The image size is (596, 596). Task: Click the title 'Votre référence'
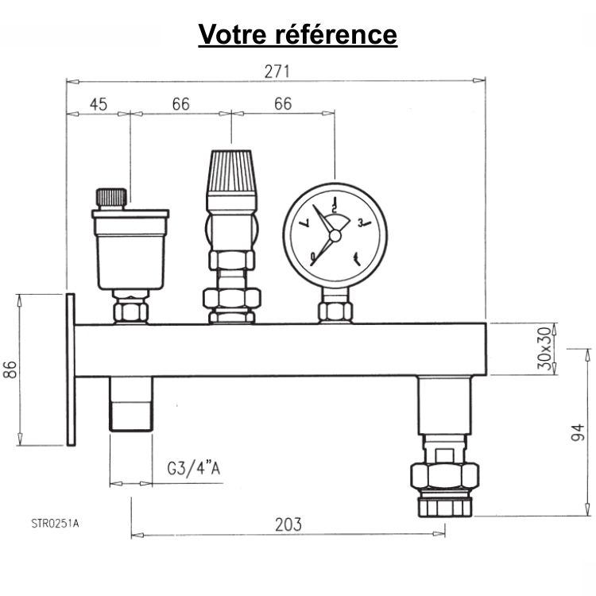pyautogui.click(x=297, y=34)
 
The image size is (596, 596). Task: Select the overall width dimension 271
pyautogui.click(x=276, y=71)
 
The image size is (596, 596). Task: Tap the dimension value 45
pyautogui.click(x=98, y=104)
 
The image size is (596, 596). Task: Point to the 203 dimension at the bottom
pyautogui.click(x=288, y=524)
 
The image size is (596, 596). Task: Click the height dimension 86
pyautogui.click(x=10, y=370)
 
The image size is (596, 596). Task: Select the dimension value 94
pyautogui.click(x=579, y=432)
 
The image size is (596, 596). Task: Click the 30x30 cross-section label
pyautogui.click(x=544, y=348)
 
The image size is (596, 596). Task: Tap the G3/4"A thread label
pyautogui.click(x=194, y=469)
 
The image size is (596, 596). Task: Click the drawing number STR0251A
pyautogui.click(x=56, y=522)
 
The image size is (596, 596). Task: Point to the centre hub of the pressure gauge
pyautogui.click(x=335, y=235)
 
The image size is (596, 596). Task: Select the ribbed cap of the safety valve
pyautogui.click(x=230, y=172)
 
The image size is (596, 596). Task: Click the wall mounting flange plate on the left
pyautogui.click(x=70, y=370)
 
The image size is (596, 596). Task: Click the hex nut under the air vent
pyautogui.click(x=130, y=309)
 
